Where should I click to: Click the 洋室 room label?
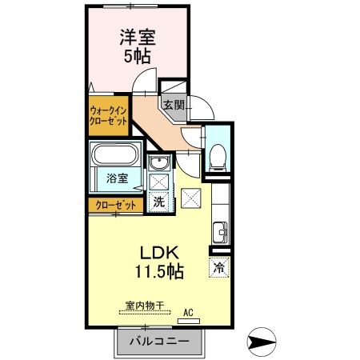137,37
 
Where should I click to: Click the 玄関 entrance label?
174,104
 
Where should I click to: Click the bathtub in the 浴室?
117,155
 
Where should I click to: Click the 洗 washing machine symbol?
159,202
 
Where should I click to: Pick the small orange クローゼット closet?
116,205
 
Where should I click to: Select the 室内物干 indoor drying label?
144,305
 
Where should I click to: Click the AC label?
189,313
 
